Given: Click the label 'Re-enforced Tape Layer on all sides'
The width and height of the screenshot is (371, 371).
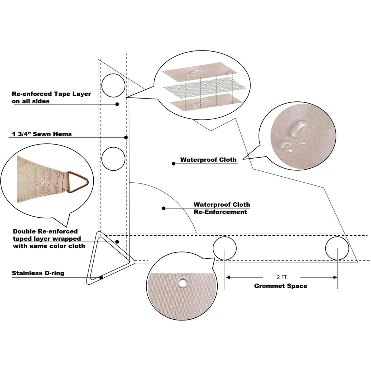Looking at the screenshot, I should point(51,98).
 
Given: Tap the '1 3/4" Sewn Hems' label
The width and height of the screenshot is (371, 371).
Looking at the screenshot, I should point(42,134).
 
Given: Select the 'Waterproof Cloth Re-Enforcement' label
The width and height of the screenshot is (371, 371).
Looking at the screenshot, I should point(222,208).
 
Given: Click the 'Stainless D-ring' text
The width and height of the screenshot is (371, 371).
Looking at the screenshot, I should point(38,273).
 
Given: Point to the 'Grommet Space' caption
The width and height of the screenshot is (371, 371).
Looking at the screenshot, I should point(281,286).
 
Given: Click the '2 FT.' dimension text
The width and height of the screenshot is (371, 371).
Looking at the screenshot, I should point(281,277).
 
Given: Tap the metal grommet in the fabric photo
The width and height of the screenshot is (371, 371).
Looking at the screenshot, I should point(183,282).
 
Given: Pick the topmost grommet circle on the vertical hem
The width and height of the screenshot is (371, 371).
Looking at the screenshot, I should point(113,85).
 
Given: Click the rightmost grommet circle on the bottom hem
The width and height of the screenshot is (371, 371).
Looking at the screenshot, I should point(337,248).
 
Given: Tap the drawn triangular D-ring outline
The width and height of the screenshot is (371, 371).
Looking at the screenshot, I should point(93,276).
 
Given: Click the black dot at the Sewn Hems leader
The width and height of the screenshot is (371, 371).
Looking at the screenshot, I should point(126,137).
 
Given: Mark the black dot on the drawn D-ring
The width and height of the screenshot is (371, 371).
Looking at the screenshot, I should point(101,278).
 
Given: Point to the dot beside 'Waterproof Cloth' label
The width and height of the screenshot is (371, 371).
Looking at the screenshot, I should point(173,164).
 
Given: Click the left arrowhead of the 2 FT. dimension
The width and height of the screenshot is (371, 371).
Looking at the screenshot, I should point(228,277).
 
